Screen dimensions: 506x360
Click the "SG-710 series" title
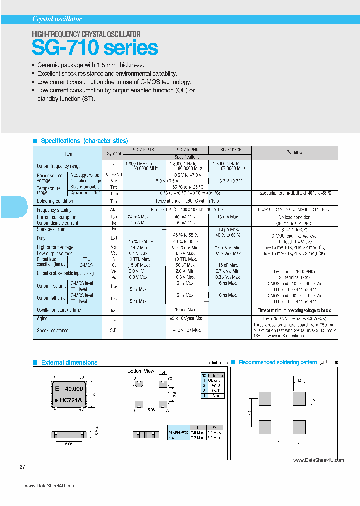pos(95,48)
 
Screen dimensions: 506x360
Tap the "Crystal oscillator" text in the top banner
pos(57,19)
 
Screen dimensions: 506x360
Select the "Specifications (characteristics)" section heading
pos(84,141)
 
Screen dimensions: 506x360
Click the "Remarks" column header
pos(294,152)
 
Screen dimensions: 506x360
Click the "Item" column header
pos(69,154)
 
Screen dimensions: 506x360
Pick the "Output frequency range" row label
pos(59,166)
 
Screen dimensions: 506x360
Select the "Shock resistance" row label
pos(53,330)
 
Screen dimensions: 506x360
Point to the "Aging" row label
pos(43,318)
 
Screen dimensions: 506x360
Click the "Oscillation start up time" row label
pos(59,310)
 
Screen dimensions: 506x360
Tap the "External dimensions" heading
pos(69,362)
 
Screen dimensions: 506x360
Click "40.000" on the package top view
pos(74,389)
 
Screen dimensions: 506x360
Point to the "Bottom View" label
pos(141,371)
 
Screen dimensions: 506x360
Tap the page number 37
pos(22,467)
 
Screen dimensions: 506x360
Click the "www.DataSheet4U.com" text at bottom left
pos(50,486)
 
